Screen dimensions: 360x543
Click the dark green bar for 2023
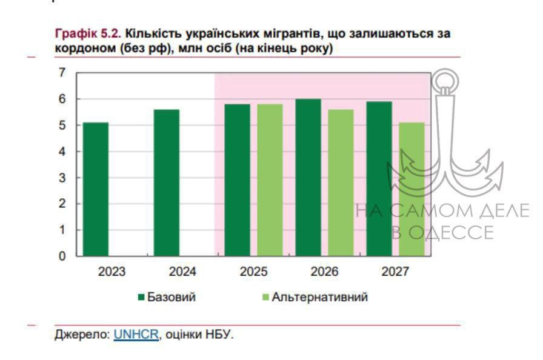coord(96,189)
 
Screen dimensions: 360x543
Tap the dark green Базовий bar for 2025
coord(237,180)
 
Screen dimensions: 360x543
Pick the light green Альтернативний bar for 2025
coord(270,180)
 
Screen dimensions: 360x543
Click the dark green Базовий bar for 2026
coord(308,178)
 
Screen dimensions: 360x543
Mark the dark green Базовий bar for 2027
coord(379,179)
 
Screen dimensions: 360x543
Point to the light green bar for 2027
coord(411,189)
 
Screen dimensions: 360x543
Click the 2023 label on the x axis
coord(112,272)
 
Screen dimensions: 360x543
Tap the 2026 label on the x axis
coord(324,272)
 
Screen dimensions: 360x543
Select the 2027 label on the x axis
coord(395,272)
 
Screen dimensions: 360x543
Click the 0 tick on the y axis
coord(61,256)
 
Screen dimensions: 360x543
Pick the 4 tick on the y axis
coord(61,152)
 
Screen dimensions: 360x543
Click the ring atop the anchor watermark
coord(445,81)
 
